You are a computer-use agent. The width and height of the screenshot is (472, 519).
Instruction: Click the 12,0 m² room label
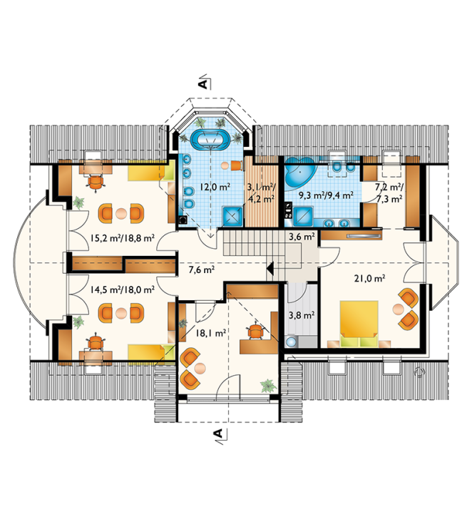pyautogui.click(x=215, y=187)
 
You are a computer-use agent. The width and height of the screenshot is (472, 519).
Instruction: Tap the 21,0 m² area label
pyautogui.click(x=369, y=279)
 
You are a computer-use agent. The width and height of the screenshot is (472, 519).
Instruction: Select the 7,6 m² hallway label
pyautogui.click(x=202, y=270)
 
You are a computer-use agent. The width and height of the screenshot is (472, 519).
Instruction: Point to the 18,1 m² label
pyautogui.click(x=211, y=333)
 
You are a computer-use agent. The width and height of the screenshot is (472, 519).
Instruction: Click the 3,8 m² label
pyautogui.click(x=302, y=315)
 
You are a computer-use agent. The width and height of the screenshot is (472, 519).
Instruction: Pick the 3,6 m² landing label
pyautogui.click(x=302, y=237)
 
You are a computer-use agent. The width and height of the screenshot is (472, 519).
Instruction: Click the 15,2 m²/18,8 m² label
pyautogui.click(x=122, y=237)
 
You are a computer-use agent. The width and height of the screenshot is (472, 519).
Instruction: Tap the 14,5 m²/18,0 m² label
pyautogui.click(x=122, y=290)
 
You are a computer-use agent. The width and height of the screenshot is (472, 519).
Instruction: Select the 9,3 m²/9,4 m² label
pyautogui.click(x=326, y=195)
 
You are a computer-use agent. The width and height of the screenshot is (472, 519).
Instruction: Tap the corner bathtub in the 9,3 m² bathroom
pyautogui.click(x=299, y=172)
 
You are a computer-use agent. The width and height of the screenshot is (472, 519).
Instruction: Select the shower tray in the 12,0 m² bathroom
pyautogui.click(x=234, y=215)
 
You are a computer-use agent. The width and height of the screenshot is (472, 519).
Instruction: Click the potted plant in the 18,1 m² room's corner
pyautogui.click(x=268, y=386)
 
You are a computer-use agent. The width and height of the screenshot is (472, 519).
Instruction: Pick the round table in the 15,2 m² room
pyautogui.click(x=121, y=214)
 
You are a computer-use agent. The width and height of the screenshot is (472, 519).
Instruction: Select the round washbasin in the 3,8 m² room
pyautogui.click(x=291, y=341)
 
